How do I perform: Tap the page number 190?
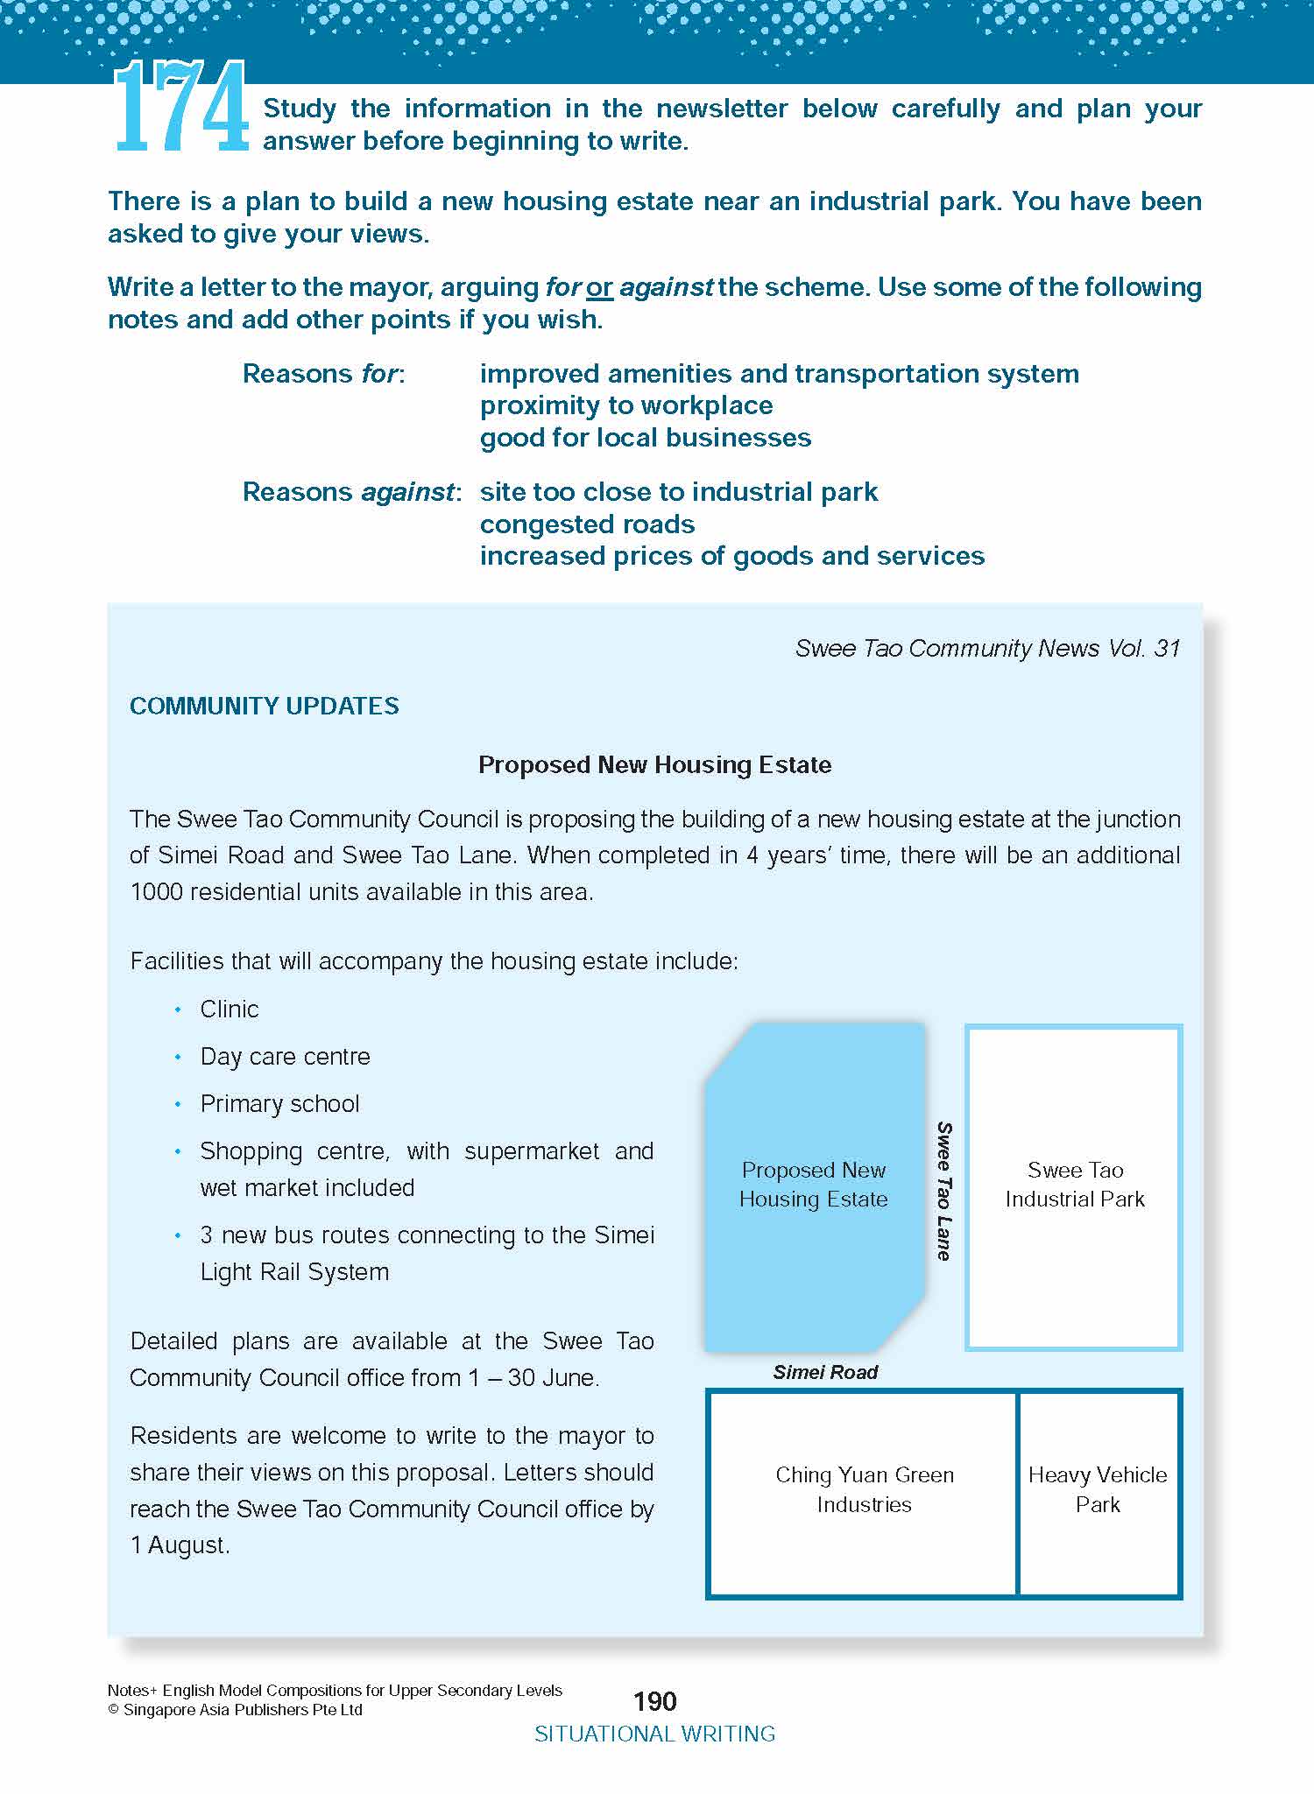(x=655, y=1701)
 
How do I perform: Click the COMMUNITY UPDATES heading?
(x=264, y=706)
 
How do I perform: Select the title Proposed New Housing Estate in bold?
(x=654, y=764)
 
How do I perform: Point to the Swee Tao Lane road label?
(x=943, y=1191)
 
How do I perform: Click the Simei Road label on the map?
(x=825, y=1372)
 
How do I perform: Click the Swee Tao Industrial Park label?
(x=1075, y=1185)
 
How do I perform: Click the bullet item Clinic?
(x=230, y=1009)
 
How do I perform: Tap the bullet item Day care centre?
(x=285, y=1056)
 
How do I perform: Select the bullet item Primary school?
(x=279, y=1103)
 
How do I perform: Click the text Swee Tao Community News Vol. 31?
(x=987, y=648)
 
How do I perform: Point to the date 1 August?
(x=180, y=1545)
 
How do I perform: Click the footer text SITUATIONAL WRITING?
(x=655, y=1734)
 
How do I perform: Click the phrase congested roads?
(x=587, y=524)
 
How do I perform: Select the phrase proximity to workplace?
(x=626, y=405)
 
